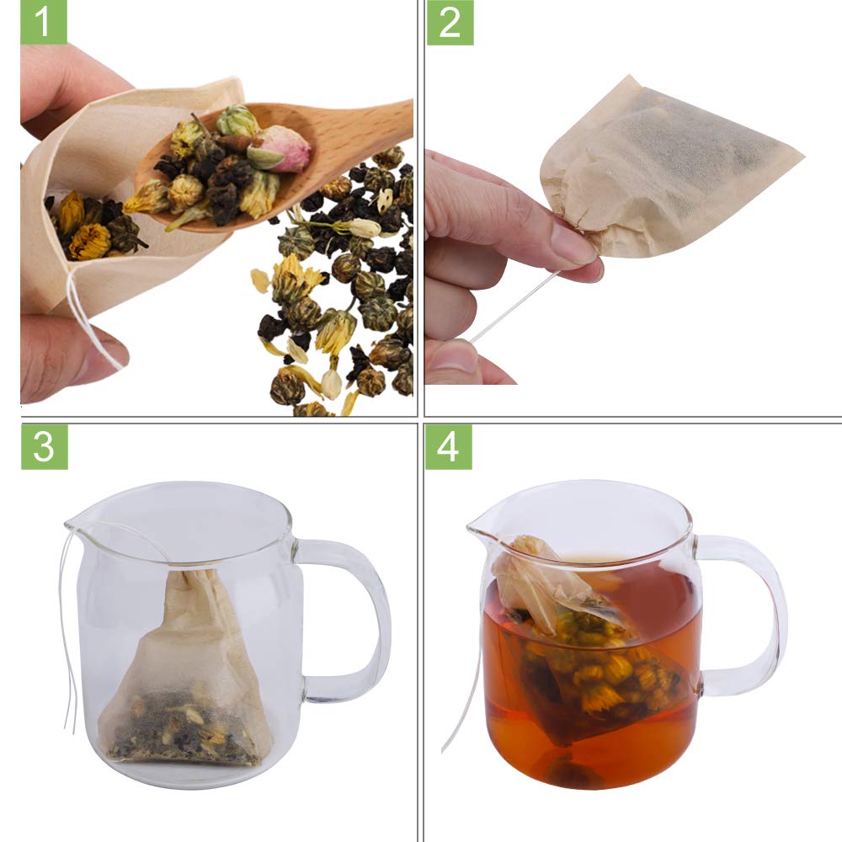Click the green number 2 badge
tap(450, 22)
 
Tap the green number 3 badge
tap(44, 447)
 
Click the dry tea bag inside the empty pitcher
tap(185, 682)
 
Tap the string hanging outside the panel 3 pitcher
tap(66, 640)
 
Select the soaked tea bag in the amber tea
tap(589, 657)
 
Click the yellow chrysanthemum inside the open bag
tap(88, 241)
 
